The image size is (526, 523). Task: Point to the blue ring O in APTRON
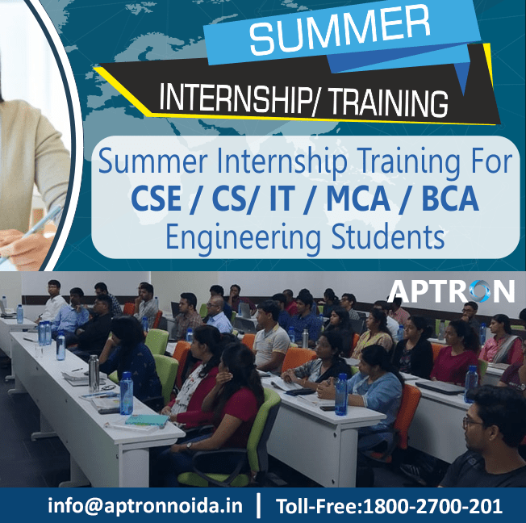click(x=478, y=291)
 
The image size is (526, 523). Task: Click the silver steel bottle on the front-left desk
click(x=94, y=372)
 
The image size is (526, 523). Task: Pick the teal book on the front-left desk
click(x=146, y=420)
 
